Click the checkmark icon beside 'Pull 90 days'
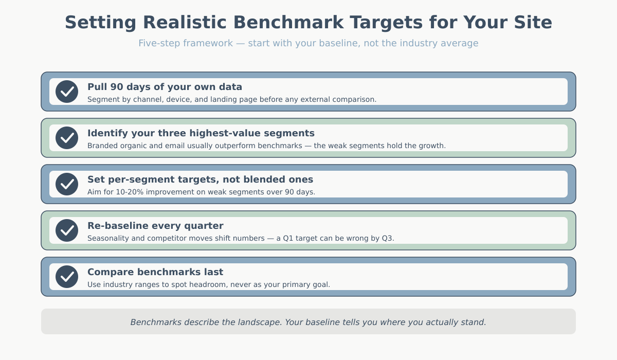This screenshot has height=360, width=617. [x=67, y=92]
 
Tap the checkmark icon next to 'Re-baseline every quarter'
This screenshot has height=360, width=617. [x=67, y=230]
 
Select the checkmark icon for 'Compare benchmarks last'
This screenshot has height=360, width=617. [x=67, y=277]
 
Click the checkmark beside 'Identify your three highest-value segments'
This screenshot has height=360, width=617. [x=67, y=138]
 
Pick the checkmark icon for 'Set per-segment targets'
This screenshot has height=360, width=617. [x=67, y=184]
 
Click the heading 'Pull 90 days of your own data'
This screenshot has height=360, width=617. [x=165, y=87]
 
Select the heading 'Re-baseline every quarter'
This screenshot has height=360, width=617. [x=155, y=226]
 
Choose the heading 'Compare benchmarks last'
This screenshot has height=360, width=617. [x=155, y=272]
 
